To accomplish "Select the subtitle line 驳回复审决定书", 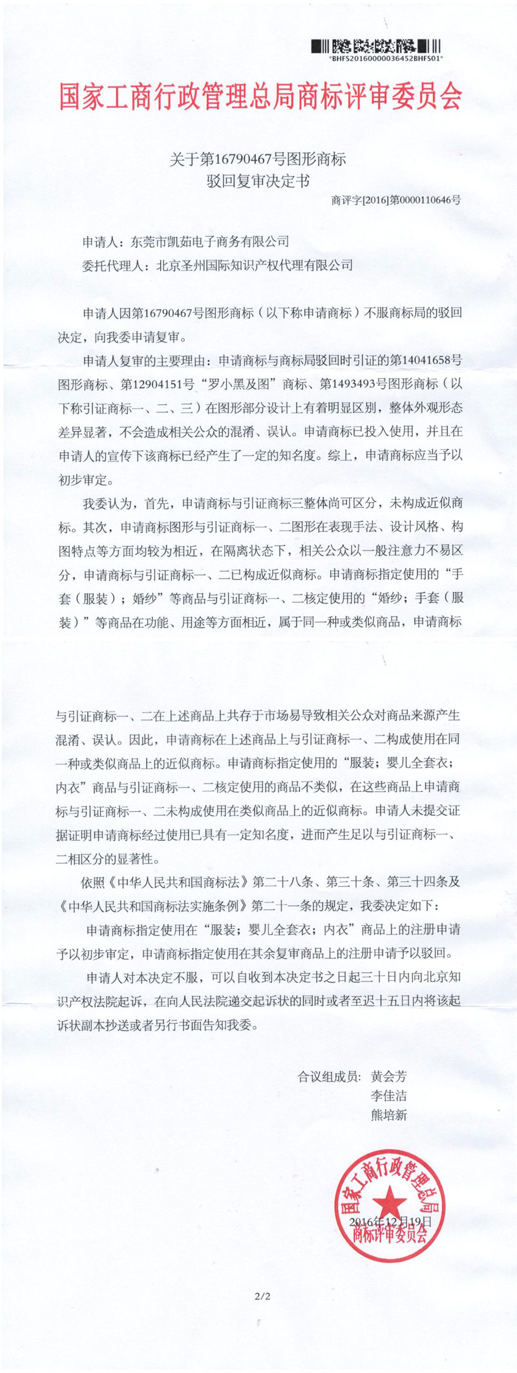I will point(258,181).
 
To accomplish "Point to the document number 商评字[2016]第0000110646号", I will point(396,200).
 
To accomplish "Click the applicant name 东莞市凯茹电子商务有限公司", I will point(210,241).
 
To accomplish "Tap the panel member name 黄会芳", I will point(388,1076).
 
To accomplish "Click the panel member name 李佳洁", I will point(388,1095).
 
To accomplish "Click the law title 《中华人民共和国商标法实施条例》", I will point(153,905).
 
